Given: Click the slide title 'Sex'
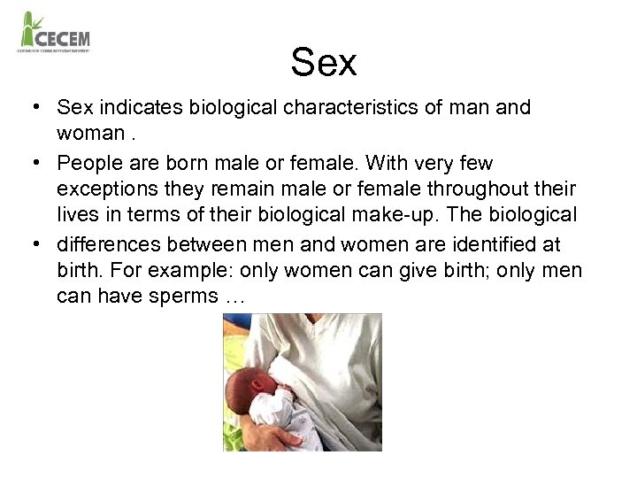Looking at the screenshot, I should pos(324,63).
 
